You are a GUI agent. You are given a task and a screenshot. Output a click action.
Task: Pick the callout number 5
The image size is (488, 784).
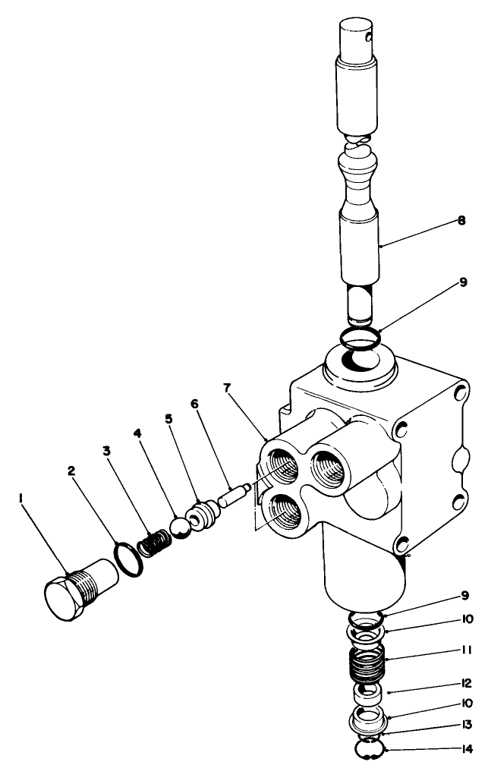[168, 420]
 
